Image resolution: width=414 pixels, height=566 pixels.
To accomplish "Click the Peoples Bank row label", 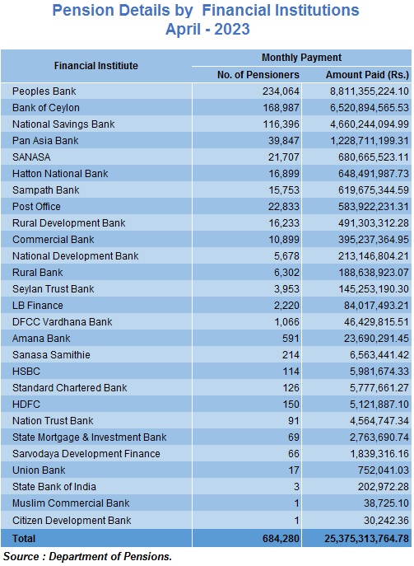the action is click(44, 91).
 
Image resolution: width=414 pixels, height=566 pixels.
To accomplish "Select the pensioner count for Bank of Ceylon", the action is click(281, 108).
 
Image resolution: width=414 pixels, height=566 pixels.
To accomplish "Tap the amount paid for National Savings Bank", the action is click(370, 124).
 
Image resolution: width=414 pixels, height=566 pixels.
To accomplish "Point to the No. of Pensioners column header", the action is click(258, 75).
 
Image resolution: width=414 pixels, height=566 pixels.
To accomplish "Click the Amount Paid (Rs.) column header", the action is click(367, 75).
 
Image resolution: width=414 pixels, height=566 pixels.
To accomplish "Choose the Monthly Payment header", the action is click(301, 58).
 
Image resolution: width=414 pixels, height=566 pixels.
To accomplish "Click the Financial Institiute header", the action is click(96, 66).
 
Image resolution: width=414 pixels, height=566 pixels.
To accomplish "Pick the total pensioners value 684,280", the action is click(281, 539).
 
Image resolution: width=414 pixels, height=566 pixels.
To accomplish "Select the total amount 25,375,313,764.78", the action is click(366, 539).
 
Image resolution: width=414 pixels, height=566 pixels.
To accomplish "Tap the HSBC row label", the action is click(26, 372).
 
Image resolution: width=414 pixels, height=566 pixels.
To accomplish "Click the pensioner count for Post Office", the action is click(284, 207).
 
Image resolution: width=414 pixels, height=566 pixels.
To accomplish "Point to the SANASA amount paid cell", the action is click(373, 157).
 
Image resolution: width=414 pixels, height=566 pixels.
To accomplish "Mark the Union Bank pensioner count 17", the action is click(294, 470).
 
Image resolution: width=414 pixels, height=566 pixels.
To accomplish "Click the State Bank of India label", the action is click(54, 487).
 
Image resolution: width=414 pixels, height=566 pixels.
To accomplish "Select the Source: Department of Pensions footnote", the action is click(87, 557).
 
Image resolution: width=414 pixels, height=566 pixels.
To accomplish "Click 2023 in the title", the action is click(232, 29).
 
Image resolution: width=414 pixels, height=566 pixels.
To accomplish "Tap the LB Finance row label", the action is click(38, 306).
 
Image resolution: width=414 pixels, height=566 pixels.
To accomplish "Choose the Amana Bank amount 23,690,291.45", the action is click(376, 339).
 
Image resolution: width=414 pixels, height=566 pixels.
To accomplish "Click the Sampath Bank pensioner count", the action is click(284, 190).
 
